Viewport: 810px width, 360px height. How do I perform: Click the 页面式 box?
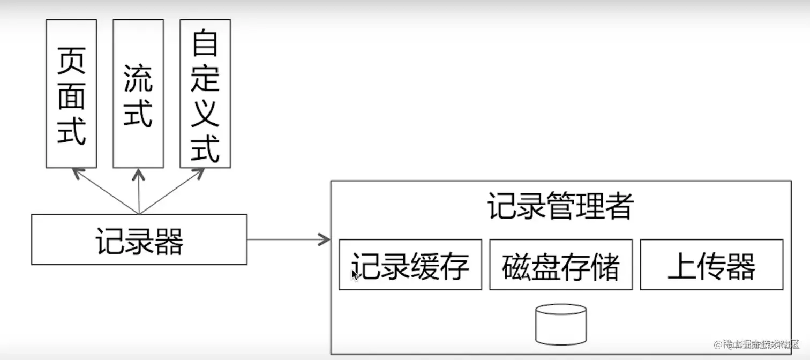click(71, 94)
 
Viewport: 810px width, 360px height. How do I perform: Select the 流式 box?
click(138, 94)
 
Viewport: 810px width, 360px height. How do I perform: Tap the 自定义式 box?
click(205, 94)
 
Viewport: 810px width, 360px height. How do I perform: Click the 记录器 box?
click(139, 239)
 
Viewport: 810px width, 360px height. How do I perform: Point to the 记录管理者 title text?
click(560, 205)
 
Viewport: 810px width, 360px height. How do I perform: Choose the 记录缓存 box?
click(410, 265)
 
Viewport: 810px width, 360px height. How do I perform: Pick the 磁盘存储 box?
click(561, 265)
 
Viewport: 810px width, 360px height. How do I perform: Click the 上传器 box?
click(711, 265)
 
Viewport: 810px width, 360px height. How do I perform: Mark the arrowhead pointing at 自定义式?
click(199, 172)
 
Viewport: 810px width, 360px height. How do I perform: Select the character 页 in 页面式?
click(71, 60)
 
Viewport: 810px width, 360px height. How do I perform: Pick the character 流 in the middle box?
click(138, 78)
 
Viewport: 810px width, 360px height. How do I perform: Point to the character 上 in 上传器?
click(682, 266)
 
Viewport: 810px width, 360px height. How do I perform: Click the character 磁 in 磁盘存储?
click(517, 266)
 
